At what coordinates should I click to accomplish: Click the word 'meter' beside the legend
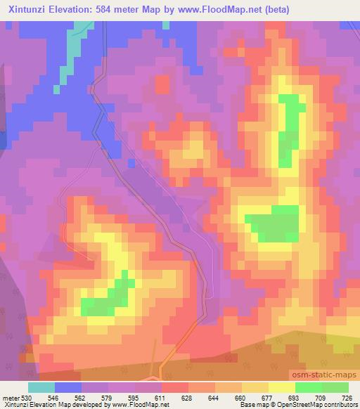click(x=8, y=398)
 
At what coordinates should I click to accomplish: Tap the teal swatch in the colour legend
click(x=41, y=387)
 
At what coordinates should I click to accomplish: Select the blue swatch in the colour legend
click(x=68, y=387)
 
